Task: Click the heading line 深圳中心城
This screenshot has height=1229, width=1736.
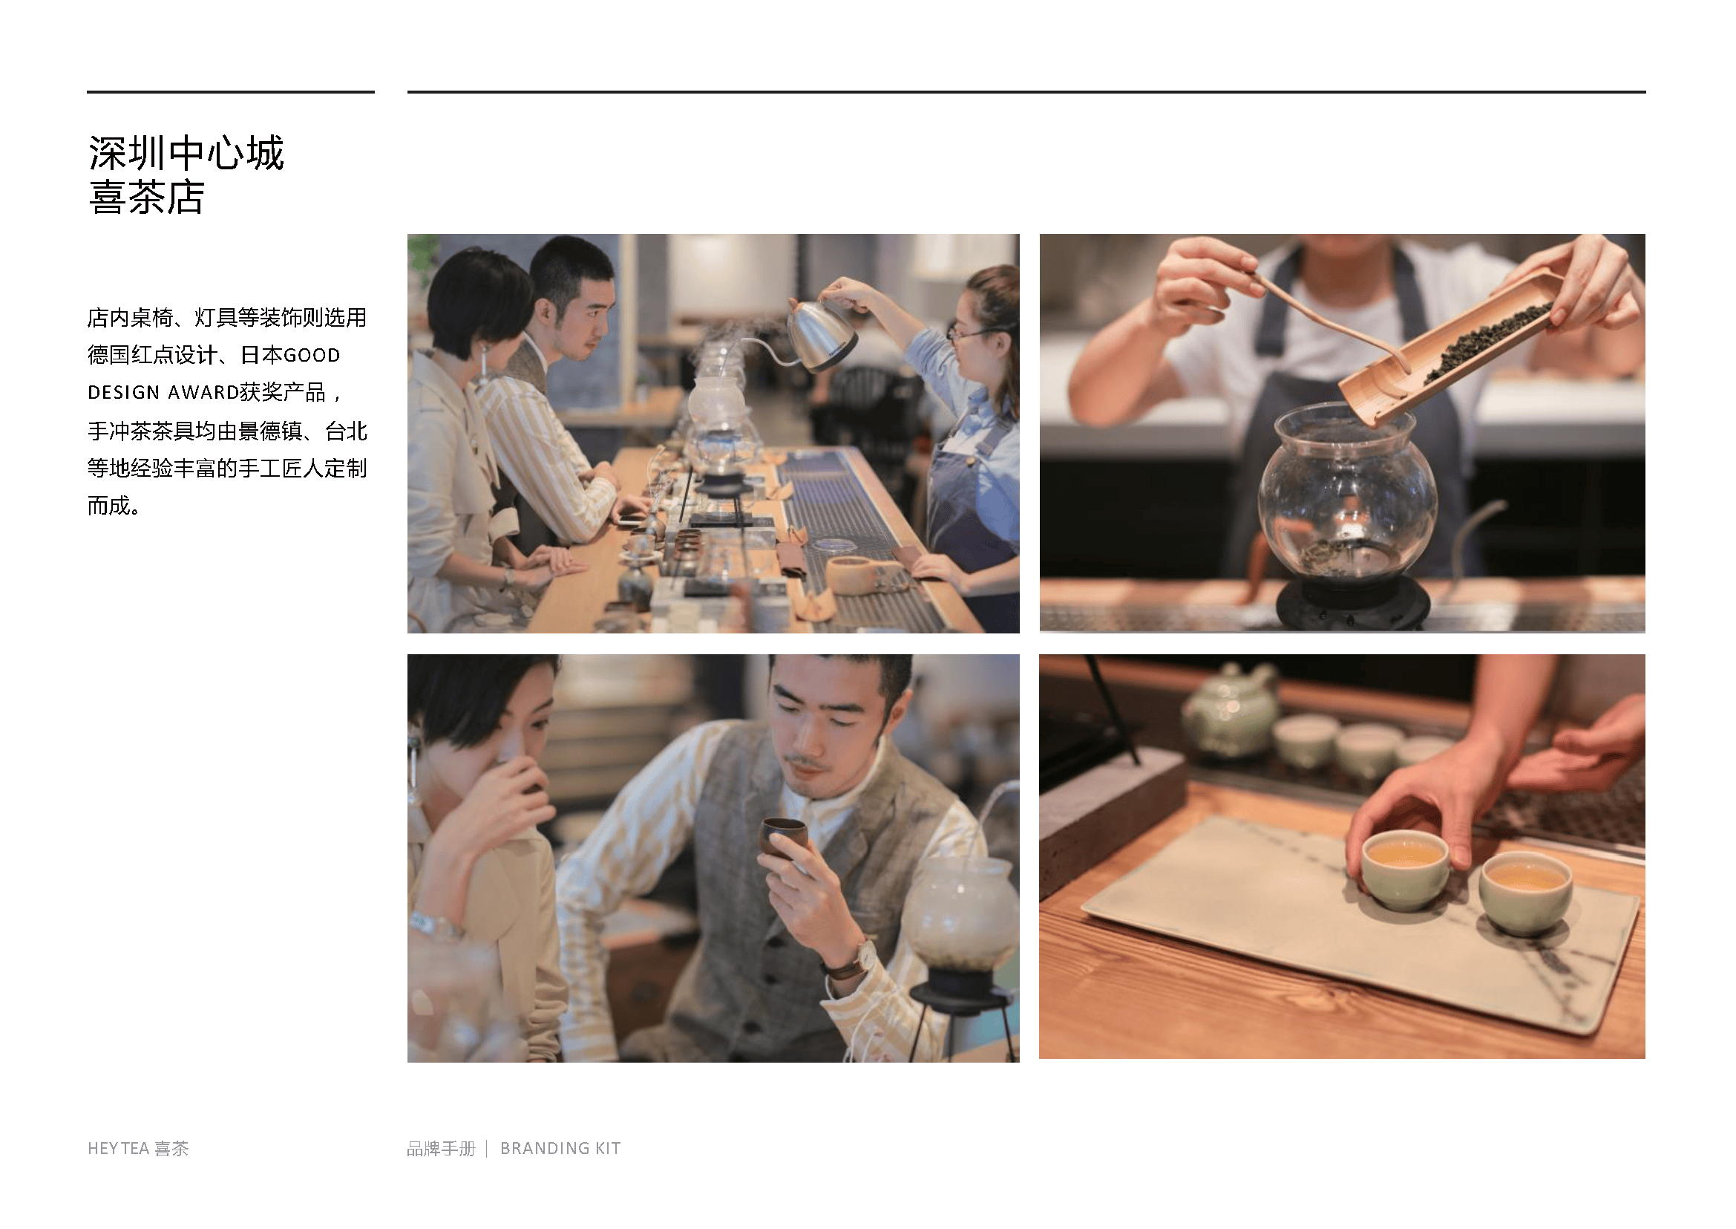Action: tap(186, 153)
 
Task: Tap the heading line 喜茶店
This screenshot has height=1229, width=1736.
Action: tap(147, 198)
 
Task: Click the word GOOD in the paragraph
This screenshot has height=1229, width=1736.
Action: tap(312, 355)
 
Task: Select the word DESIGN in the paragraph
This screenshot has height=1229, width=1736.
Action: tap(123, 392)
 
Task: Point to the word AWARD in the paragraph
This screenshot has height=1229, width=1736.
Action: tap(203, 392)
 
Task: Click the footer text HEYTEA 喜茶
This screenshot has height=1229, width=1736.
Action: tap(137, 1148)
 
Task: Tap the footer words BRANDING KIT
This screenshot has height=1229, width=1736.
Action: tap(560, 1148)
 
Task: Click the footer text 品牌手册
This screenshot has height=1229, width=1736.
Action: tap(441, 1148)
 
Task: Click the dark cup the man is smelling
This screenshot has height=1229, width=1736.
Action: tap(783, 836)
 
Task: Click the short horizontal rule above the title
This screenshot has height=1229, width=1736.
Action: tap(231, 92)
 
